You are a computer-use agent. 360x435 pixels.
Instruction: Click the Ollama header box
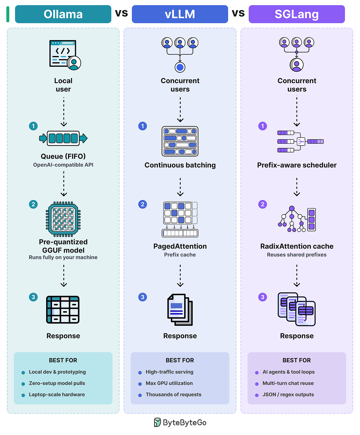(x=63, y=14)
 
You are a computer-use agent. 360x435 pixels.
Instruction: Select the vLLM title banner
(x=180, y=14)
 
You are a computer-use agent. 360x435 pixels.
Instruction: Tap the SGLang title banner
(x=297, y=14)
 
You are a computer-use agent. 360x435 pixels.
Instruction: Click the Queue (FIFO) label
(x=63, y=156)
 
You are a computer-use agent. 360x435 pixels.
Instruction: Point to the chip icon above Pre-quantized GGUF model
(x=63, y=219)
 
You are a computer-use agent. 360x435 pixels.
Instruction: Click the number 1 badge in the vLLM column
(x=142, y=126)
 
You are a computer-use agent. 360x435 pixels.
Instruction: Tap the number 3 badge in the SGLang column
(x=262, y=297)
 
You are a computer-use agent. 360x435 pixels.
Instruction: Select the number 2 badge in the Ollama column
(x=33, y=204)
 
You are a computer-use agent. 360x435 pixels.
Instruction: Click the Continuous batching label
(x=180, y=165)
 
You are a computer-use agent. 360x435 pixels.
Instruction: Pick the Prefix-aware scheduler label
(x=297, y=165)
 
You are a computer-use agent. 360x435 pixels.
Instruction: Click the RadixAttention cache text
(x=297, y=246)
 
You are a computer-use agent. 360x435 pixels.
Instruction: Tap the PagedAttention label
(x=180, y=246)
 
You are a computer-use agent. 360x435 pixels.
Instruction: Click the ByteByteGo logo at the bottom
(x=180, y=423)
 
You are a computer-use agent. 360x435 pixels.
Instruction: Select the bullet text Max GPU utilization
(x=169, y=383)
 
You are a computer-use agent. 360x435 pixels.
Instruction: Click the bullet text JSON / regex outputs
(x=288, y=395)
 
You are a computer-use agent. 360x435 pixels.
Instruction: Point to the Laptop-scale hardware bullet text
(x=57, y=395)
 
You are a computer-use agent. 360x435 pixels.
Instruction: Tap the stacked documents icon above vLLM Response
(x=180, y=310)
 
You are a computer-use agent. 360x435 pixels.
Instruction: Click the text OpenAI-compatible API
(x=63, y=165)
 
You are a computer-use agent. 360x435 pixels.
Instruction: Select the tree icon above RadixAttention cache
(x=297, y=219)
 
